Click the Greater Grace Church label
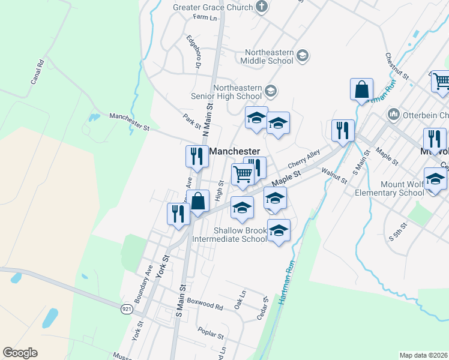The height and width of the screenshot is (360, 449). [212, 7]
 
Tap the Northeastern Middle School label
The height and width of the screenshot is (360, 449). [267, 56]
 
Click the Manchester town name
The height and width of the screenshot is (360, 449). [234, 152]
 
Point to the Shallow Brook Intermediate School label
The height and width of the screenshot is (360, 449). [229, 235]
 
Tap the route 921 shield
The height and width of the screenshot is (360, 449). [127, 308]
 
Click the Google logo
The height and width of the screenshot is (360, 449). [20, 353]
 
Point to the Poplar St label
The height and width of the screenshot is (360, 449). [210, 332]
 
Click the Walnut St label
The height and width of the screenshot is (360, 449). [334, 175]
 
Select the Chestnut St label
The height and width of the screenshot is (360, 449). [397, 67]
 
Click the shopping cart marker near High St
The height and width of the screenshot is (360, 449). [243, 175]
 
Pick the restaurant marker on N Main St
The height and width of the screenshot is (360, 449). [197, 157]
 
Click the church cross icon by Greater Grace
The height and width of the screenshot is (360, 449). [261, 7]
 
